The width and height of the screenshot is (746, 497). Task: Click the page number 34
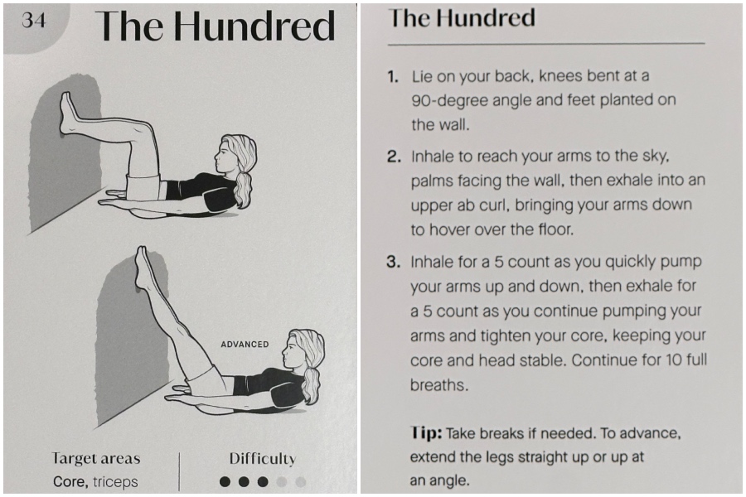click(34, 20)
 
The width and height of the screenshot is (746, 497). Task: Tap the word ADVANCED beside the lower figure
click(245, 344)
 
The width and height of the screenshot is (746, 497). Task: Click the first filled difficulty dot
click(225, 482)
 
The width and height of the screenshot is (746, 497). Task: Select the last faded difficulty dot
click(300, 482)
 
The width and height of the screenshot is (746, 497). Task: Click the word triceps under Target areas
click(115, 482)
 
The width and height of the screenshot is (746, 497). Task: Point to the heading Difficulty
click(263, 458)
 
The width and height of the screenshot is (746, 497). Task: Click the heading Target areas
click(96, 458)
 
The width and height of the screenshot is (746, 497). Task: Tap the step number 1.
click(393, 76)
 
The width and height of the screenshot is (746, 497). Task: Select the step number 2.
click(394, 157)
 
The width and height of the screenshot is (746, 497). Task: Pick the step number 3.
click(394, 262)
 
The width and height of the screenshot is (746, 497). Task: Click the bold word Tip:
click(426, 432)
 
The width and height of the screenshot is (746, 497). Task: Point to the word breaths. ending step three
click(439, 384)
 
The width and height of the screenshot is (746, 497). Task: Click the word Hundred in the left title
click(254, 27)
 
